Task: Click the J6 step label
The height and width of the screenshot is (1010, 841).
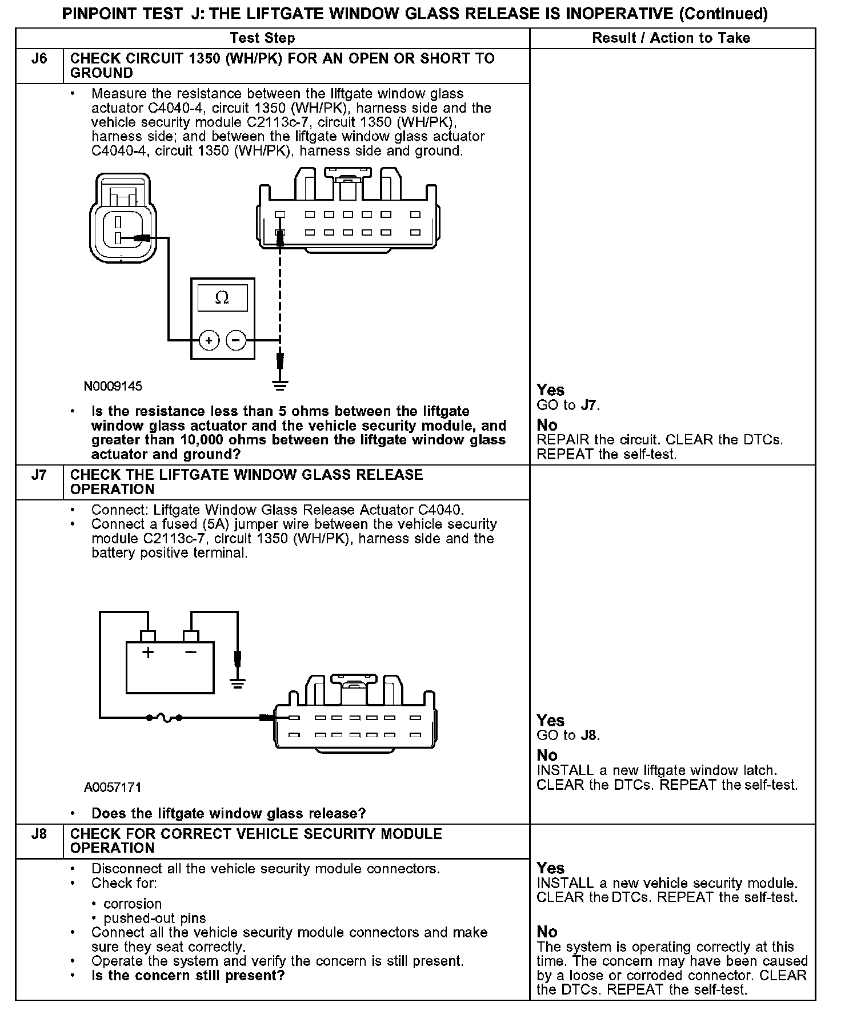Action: tap(39, 59)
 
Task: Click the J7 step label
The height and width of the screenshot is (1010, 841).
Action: tap(39, 475)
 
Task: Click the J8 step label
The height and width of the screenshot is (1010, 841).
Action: tap(39, 834)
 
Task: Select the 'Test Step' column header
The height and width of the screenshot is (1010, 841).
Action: tap(262, 38)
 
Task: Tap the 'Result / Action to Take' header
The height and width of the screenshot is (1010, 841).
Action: tap(671, 38)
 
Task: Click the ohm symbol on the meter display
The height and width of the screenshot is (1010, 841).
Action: tap(222, 298)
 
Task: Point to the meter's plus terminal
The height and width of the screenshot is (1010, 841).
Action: tap(209, 341)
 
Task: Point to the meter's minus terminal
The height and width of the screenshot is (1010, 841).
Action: tap(236, 341)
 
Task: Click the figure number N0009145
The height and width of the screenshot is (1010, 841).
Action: tap(113, 386)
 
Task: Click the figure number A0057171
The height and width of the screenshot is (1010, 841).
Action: tap(113, 788)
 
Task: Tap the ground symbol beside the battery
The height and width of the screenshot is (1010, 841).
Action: tap(237, 682)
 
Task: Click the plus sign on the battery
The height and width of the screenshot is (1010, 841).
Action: tap(148, 653)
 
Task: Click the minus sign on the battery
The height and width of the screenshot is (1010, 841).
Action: tap(191, 653)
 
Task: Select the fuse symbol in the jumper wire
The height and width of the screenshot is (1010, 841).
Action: tap(165, 717)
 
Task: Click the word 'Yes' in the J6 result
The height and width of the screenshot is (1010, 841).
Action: tap(551, 390)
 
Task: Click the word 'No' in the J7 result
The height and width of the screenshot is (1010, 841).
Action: tap(547, 755)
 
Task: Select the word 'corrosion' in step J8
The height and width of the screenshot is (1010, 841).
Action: tap(133, 904)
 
